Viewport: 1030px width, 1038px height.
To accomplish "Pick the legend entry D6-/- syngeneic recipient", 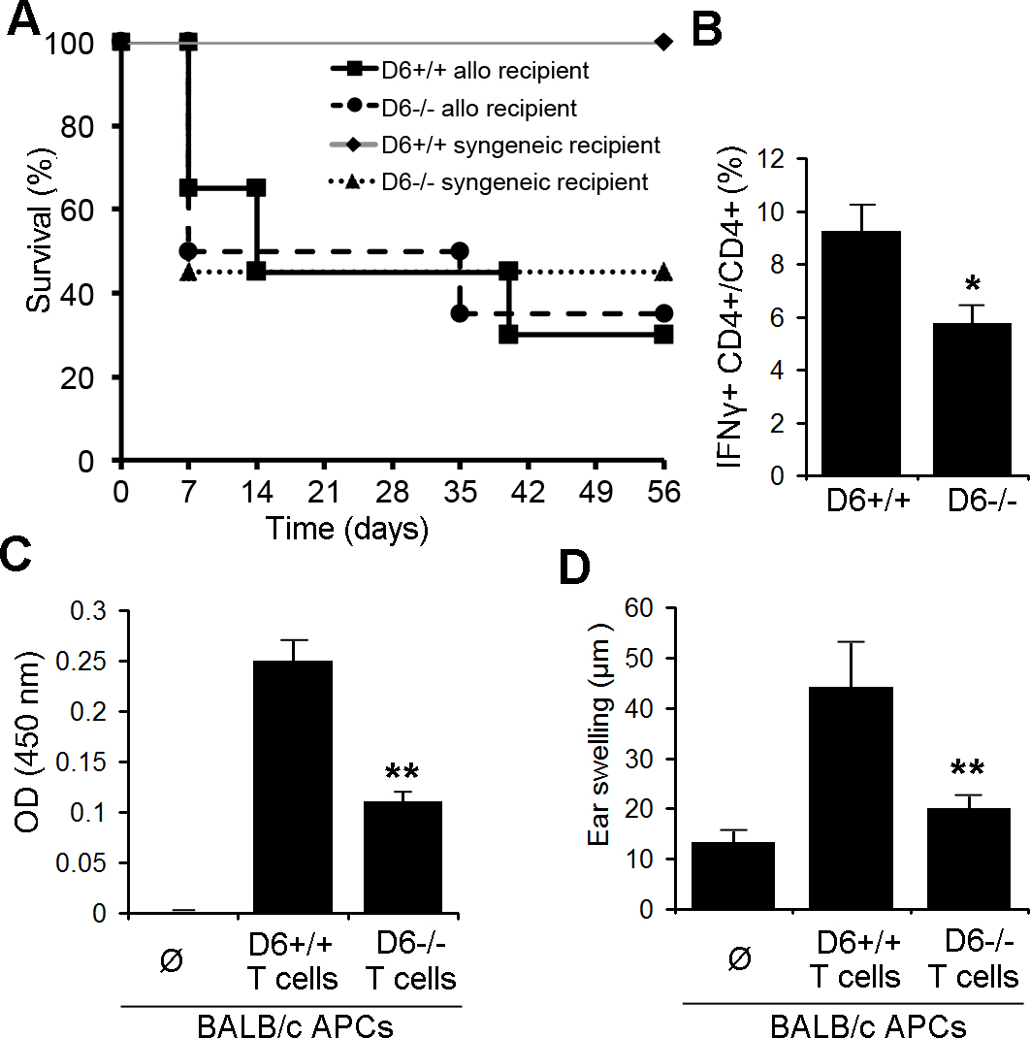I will [x=515, y=181].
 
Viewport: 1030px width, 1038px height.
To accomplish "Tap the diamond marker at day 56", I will [x=663, y=42].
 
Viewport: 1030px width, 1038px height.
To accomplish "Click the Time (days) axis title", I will [x=350, y=529].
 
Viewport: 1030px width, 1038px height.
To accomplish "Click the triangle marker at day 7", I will [x=189, y=273].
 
